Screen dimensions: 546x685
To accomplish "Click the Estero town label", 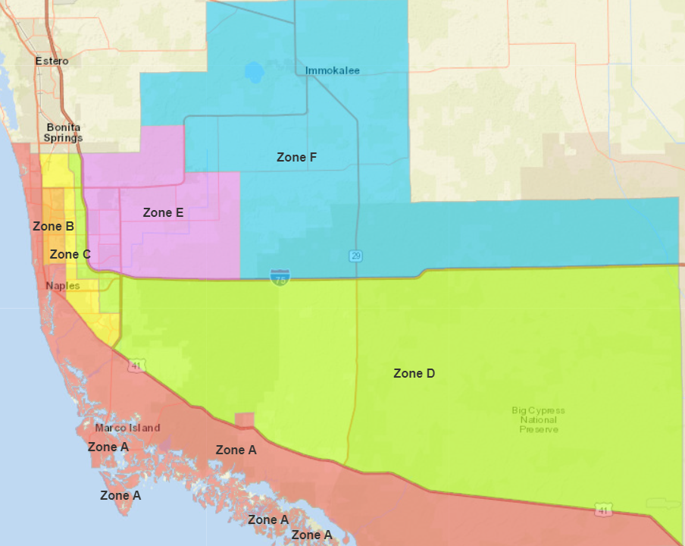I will pos(52,61).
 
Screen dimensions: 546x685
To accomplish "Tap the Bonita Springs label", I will pos(64,133).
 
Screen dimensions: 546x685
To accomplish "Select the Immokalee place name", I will pos(332,71).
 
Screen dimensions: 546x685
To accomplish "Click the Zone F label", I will pos(296,157).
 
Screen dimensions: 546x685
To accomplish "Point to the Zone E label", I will pos(163,213).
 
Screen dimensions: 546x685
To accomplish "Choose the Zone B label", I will pos(53,226).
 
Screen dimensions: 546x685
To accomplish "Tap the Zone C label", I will pos(70,254).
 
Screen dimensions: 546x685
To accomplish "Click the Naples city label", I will pos(62,286).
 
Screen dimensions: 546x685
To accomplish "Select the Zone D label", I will pos(414,373).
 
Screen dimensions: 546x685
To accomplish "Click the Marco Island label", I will pos(127,428).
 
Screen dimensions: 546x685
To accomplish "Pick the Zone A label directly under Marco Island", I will pos(108,447).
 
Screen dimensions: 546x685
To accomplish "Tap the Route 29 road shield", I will pos(355,256).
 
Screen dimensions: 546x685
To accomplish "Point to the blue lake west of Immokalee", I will pos(254,73).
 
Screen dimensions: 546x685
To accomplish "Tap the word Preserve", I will pos(538,429).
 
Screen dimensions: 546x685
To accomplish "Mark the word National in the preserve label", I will pos(538,420).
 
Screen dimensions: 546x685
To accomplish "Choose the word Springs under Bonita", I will pos(64,138).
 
